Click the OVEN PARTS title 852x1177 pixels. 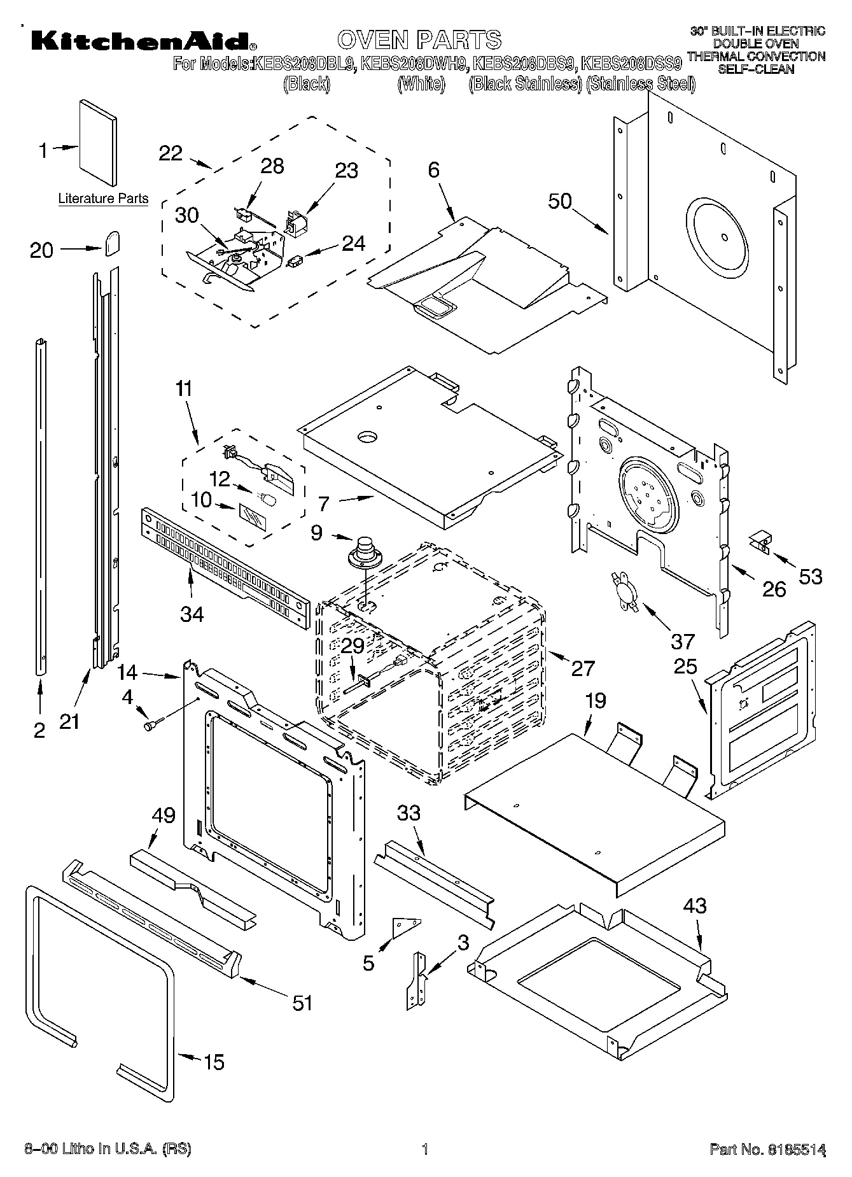pos(419,39)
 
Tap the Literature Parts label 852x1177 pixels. pos(103,199)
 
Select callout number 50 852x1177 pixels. pos(560,201)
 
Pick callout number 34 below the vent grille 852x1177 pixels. pos(192,614)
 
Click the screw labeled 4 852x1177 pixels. pos(153,724)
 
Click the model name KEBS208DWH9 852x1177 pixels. pos(414,64)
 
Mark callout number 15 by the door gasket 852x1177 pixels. pos(214,1062)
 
